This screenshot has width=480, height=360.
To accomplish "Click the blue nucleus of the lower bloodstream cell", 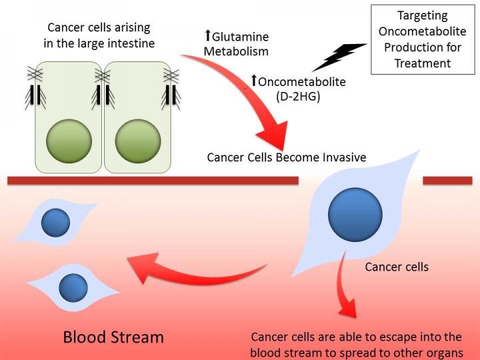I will tap(73, 287).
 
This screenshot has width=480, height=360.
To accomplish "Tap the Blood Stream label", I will tap(113, 337).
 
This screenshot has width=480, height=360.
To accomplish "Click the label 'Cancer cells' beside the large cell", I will tap(397, 267).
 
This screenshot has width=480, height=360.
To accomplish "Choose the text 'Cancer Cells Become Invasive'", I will tap(286, 158).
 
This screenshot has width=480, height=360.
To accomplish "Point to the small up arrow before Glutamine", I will tap(207, 35).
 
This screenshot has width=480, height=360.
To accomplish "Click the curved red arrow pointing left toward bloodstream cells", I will tap(193, 270).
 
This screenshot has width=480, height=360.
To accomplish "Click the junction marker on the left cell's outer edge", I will tap(32, 93).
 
